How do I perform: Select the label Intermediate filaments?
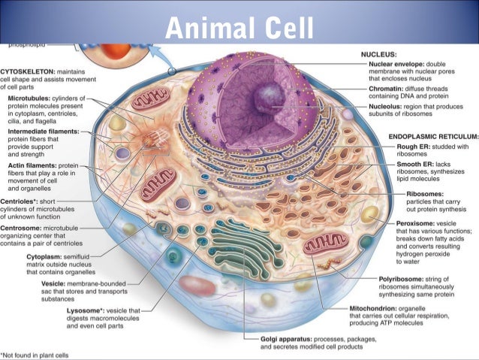[48, 131]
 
